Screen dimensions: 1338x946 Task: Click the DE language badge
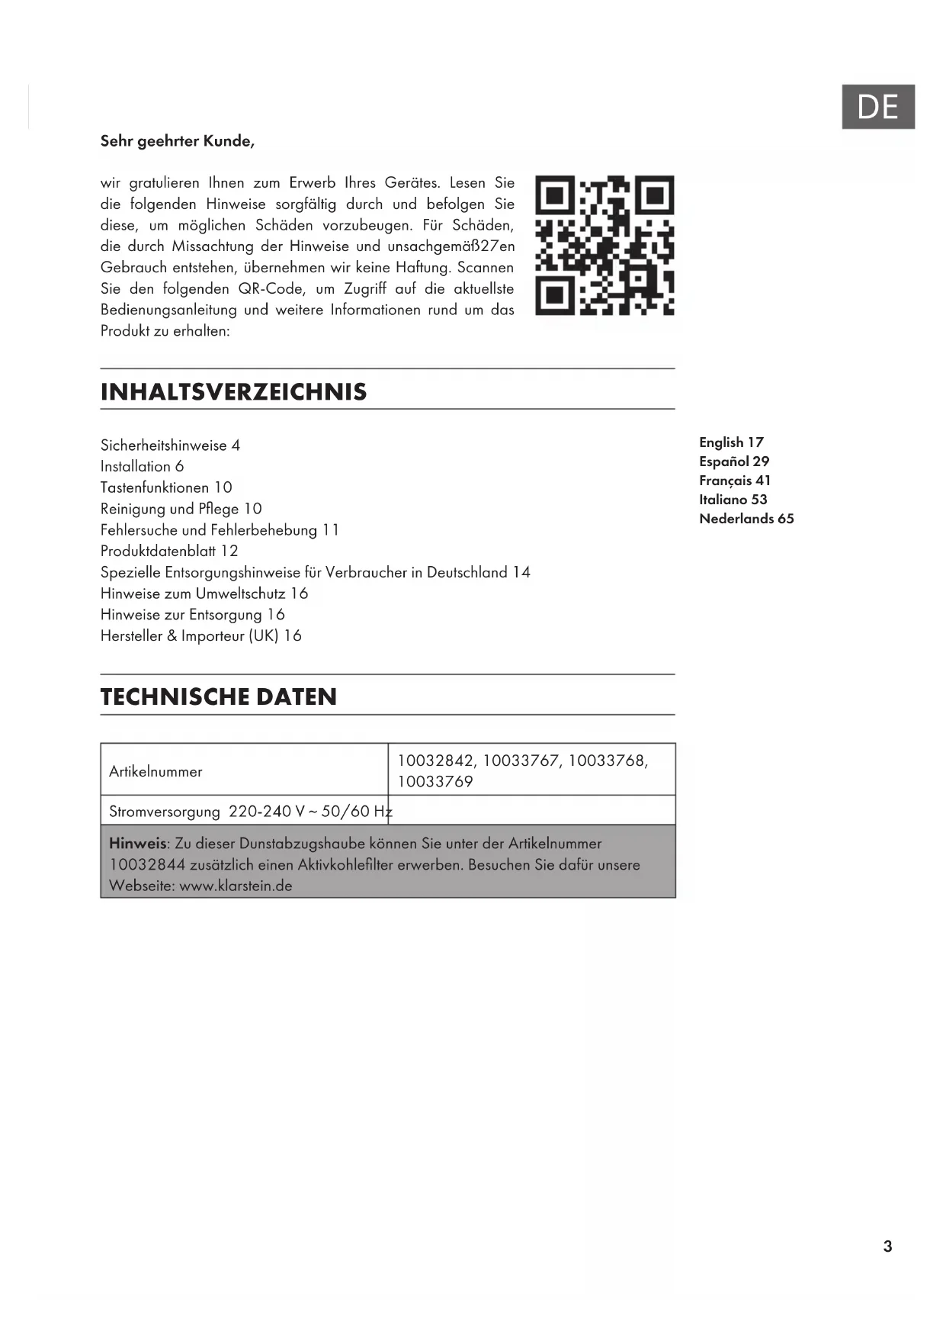877,107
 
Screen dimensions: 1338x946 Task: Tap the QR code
604,245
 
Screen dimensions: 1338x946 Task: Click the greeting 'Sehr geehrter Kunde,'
178,141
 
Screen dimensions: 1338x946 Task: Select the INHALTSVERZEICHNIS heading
233,392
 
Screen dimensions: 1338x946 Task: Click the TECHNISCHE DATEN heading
219,696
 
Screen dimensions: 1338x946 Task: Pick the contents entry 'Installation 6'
142,466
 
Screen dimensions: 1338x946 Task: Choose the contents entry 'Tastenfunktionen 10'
166,487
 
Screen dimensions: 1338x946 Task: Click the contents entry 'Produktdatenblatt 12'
169,551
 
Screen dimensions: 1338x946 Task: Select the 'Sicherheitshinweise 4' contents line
170,445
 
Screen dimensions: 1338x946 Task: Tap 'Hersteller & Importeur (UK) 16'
201,635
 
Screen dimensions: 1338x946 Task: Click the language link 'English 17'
731,442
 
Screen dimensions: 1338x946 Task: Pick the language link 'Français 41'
735,481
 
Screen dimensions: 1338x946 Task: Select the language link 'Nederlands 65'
746,519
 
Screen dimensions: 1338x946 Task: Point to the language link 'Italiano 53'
733,500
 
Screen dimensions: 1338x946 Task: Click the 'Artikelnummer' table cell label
156,771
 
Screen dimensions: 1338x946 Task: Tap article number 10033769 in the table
435,782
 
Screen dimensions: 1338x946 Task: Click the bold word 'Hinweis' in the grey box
137,844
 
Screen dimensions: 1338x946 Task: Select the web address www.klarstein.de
236,886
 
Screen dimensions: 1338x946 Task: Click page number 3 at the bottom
887,1246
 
